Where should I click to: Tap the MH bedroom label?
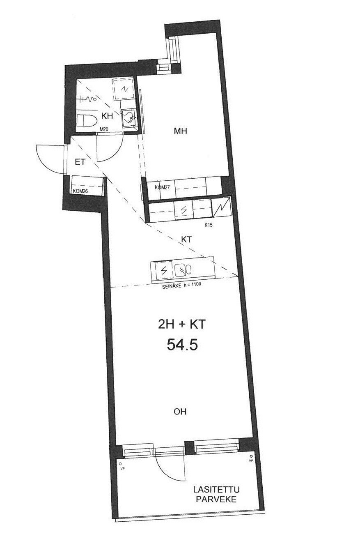(181, 131)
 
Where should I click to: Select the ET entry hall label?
(80, 162)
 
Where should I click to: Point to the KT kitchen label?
(186, 239)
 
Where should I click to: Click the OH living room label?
(180, 412)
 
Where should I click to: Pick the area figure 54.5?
(182, 345)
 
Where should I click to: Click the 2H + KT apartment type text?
(181, 325)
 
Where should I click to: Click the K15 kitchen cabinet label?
(209, 225)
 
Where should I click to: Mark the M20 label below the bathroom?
(104, 129)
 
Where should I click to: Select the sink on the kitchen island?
(183, 270)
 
